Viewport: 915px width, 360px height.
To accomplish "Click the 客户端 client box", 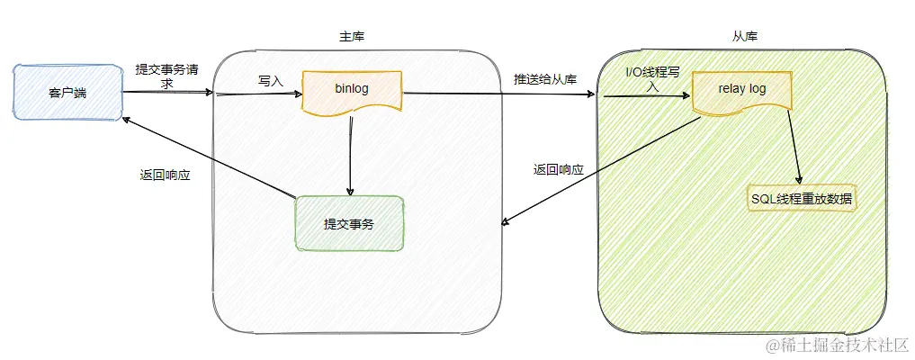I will (x=67, y=92).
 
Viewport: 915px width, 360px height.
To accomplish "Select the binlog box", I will (x=352, y=91).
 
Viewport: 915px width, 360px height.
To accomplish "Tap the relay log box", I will (x=741, y=91).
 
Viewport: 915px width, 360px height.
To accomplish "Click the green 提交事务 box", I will (x=349, y=222).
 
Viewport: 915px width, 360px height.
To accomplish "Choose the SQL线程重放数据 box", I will (x=802, y=199).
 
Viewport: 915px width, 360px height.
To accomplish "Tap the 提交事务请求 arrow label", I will (x=165, y=76).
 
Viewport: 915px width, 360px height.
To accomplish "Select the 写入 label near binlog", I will (x=270, y=81).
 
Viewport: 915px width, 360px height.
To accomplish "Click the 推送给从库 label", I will (x=544, y=77).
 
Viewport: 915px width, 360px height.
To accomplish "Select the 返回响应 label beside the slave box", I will (x=558, y=169).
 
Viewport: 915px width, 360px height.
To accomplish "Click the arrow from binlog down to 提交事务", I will (x=350, y=157).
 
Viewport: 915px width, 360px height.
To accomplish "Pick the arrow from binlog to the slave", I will (x=499, y=94).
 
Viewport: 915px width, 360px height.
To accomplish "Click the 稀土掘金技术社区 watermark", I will (x=837, y=345).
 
